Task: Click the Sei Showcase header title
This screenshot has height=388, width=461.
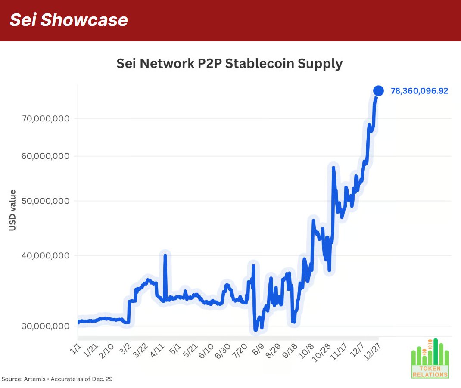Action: pos(69,20)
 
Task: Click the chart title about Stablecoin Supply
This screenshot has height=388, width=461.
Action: pos(229,64)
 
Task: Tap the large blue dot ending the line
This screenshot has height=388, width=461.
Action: pos(378,90)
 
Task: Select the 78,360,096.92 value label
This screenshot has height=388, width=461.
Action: pos(419,91)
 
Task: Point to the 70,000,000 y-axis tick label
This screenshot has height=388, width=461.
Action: pos(46,118)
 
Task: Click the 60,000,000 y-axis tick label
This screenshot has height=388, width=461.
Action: pos(46,156)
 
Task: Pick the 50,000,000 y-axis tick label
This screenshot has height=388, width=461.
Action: pos(46,201)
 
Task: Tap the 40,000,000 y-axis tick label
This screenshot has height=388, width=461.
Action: pos(46,255)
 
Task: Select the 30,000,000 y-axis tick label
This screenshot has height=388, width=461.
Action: pos(46,326)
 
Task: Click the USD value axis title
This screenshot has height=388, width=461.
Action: pos(12,210)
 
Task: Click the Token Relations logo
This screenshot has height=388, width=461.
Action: pos(430,359)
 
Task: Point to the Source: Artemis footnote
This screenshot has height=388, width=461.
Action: pos(57,379)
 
